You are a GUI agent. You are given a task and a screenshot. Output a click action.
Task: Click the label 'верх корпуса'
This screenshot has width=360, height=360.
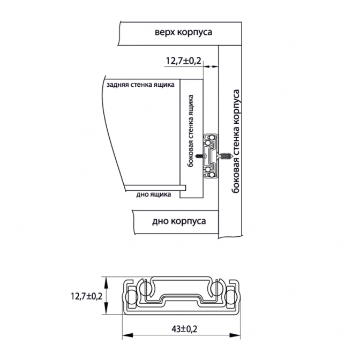pos(183,32)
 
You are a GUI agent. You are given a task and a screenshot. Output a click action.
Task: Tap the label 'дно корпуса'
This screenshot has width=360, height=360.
pos(179,222)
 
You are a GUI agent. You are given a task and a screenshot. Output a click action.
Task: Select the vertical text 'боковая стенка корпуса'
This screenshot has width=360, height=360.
pos(236,142)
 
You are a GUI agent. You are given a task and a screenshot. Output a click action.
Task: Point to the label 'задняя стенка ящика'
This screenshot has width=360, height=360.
pos(140,85)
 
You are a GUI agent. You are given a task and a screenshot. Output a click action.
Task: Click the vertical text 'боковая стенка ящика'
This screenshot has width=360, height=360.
pos(191,131)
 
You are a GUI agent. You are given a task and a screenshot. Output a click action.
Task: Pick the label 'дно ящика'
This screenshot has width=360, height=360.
pos(154,194)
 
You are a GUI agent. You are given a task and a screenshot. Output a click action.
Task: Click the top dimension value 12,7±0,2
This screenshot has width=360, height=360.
pos(183,61)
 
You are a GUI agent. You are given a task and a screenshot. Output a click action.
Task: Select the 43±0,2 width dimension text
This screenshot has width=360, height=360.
pos(184,329)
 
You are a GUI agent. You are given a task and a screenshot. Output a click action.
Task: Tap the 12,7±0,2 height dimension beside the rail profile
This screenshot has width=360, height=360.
pos(87,296)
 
